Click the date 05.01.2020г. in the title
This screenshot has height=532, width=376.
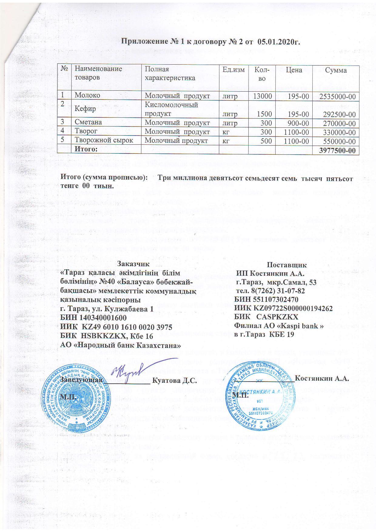pyautogui.click(x=278, y=42)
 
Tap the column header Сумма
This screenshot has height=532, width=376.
pyautogui.click(x=336, y=70)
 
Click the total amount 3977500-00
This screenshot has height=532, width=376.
pyautogui.click(x=337, y=150)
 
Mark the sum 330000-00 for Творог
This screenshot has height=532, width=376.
pyautogui.click(x=339, y=133)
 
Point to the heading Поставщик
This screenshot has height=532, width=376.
pyautogui.click(x=287, y=264)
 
